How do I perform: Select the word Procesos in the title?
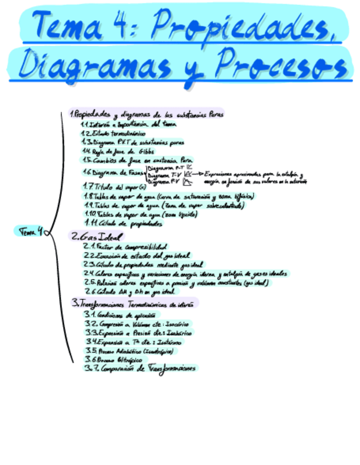pos(280,65)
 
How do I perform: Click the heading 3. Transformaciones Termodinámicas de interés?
pos(134,303)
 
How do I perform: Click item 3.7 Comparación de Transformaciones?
pos(140,368)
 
